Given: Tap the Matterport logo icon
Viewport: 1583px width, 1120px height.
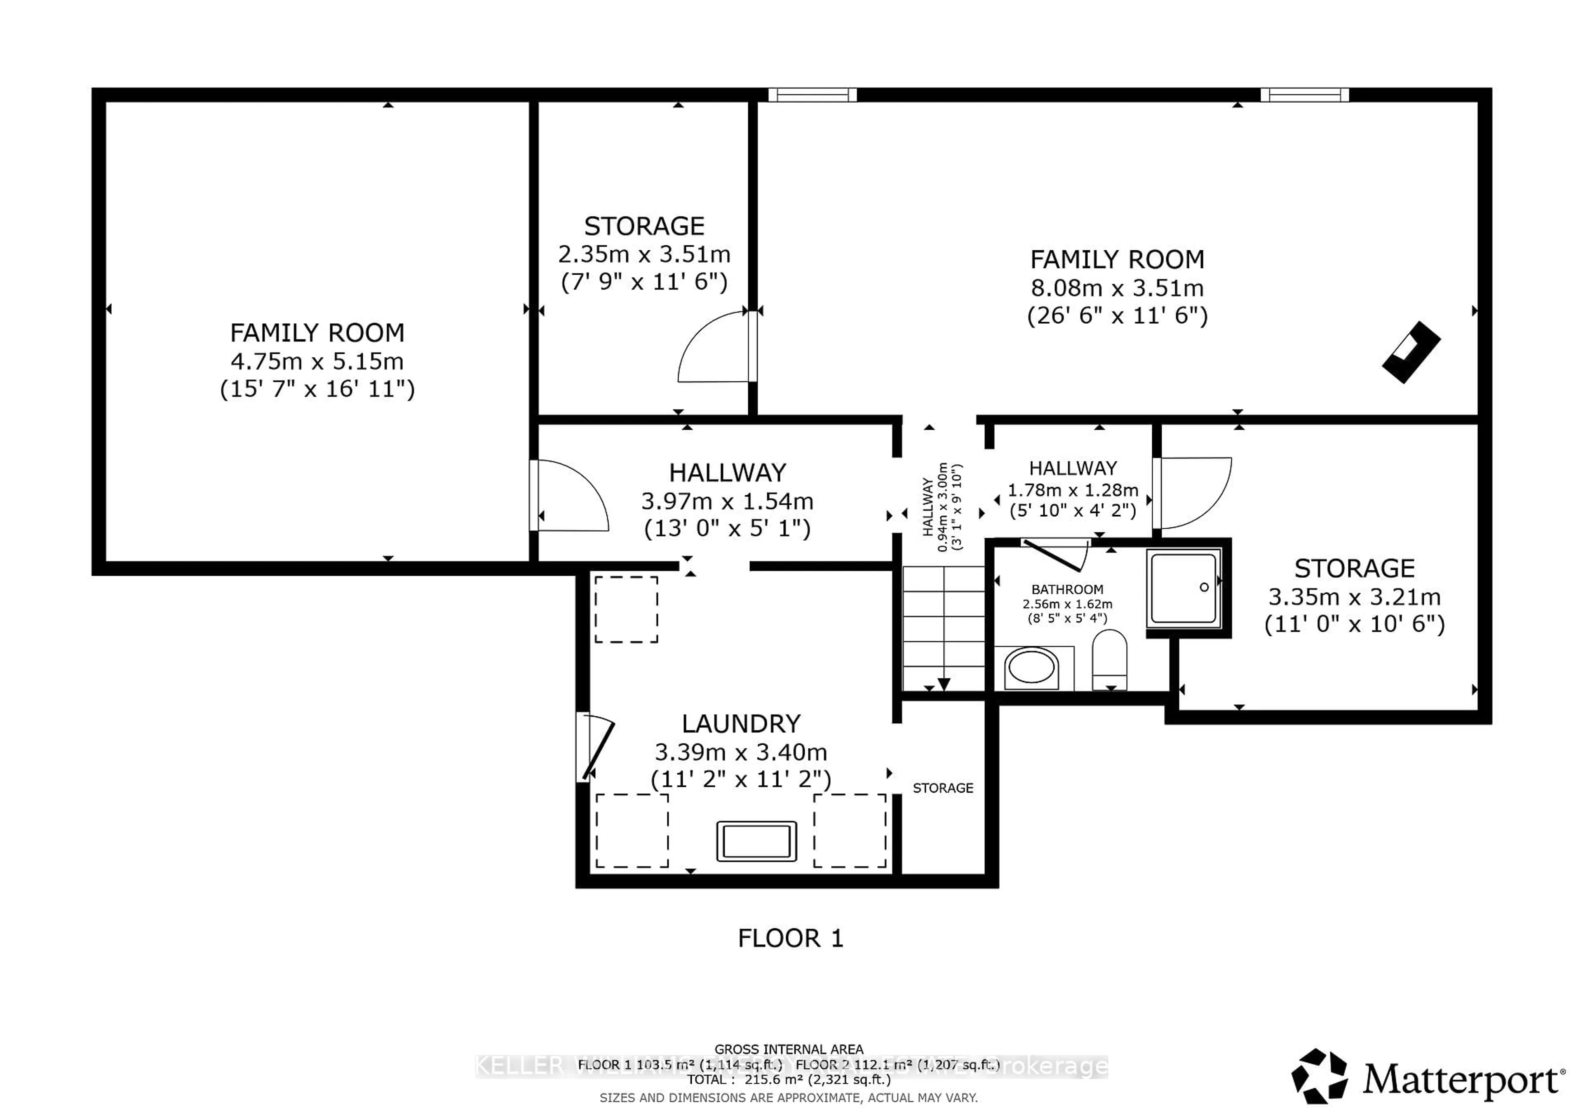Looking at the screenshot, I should (x=1319, y=1077).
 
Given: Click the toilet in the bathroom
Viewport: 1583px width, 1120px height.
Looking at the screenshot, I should (x=1109, y=661).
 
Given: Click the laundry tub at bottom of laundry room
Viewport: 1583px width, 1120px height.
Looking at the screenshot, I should (x=756, y=841).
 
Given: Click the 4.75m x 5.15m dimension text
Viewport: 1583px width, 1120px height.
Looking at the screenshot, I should (x=317, y=361).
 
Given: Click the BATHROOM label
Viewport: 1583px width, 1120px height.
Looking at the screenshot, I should (x=1066, y=590).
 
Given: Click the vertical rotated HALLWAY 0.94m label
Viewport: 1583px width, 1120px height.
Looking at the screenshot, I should (x=942, y=506).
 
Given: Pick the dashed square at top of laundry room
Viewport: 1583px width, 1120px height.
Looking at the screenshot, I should (x=626, y=609).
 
